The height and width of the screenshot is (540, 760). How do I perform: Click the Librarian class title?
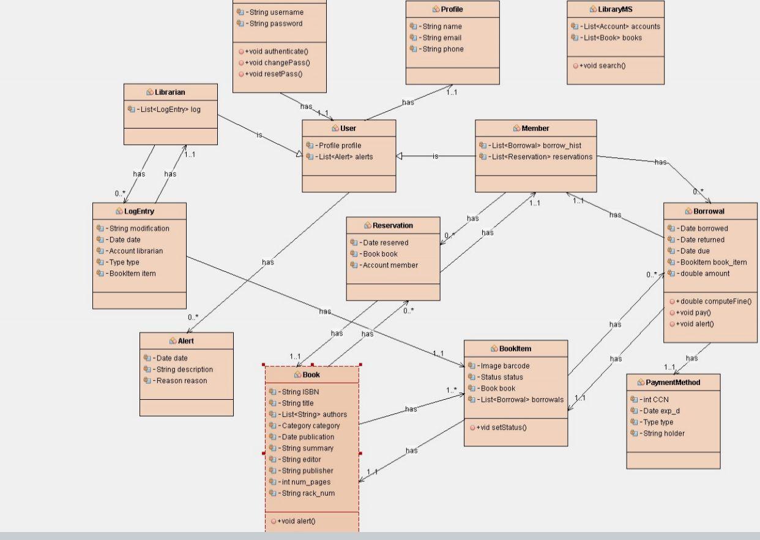pyautogui.click(x=170, y=92)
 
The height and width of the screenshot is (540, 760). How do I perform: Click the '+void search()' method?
pyautogui.click(x=602, y=66)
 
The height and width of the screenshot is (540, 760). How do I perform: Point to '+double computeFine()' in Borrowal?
pyautogui.click(x=713, y=301)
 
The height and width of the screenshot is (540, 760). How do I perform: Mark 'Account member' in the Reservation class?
pyautogui.click(x=390, y=265)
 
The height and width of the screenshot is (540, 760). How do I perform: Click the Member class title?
pyautogui.click(x=535, y=128)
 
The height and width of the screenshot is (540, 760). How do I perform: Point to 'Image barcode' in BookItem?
pyautogui.click(x=505, y=366)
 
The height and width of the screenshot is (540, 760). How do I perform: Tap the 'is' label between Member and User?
pyautogui.click(x=435, y=156)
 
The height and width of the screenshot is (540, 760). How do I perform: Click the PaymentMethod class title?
pyautogui.click(x=672, y=382)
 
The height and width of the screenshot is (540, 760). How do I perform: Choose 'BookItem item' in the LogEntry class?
pyautogui.click(x=132, y=274)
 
